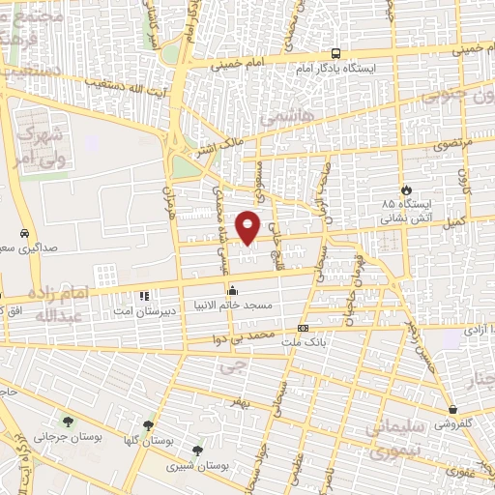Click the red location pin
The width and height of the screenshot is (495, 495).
[248, 226]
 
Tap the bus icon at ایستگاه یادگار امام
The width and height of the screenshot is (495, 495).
[335, 53]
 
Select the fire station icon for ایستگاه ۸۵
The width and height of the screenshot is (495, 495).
[406, 189]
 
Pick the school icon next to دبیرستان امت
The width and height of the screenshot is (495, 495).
[144, 296]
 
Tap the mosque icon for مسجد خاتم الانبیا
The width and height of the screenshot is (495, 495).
[232, 291]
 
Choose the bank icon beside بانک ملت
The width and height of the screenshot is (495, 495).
[304, 329]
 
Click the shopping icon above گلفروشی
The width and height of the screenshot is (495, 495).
[452, 409]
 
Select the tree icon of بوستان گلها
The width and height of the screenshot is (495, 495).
[148, 424]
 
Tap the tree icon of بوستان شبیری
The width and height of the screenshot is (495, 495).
[198, 451]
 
